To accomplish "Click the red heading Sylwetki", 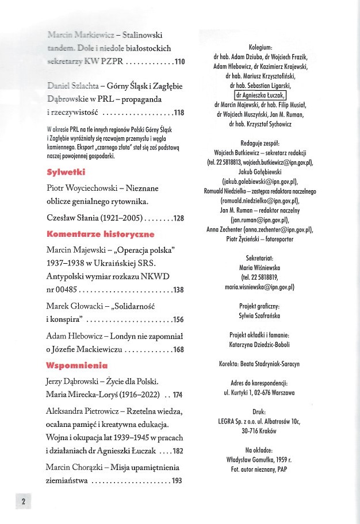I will pos(66,171).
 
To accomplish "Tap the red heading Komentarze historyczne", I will pos(100,234).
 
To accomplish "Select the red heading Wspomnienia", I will pos(76,364).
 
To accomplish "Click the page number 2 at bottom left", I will pos(24,501).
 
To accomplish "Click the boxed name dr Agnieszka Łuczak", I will pos(261,95).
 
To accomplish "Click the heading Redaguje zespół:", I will pos(261,143).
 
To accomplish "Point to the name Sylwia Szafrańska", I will pos(261,315).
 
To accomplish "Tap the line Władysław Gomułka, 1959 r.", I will pos(261,460).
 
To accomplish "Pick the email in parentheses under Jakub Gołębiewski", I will pos(261,182).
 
